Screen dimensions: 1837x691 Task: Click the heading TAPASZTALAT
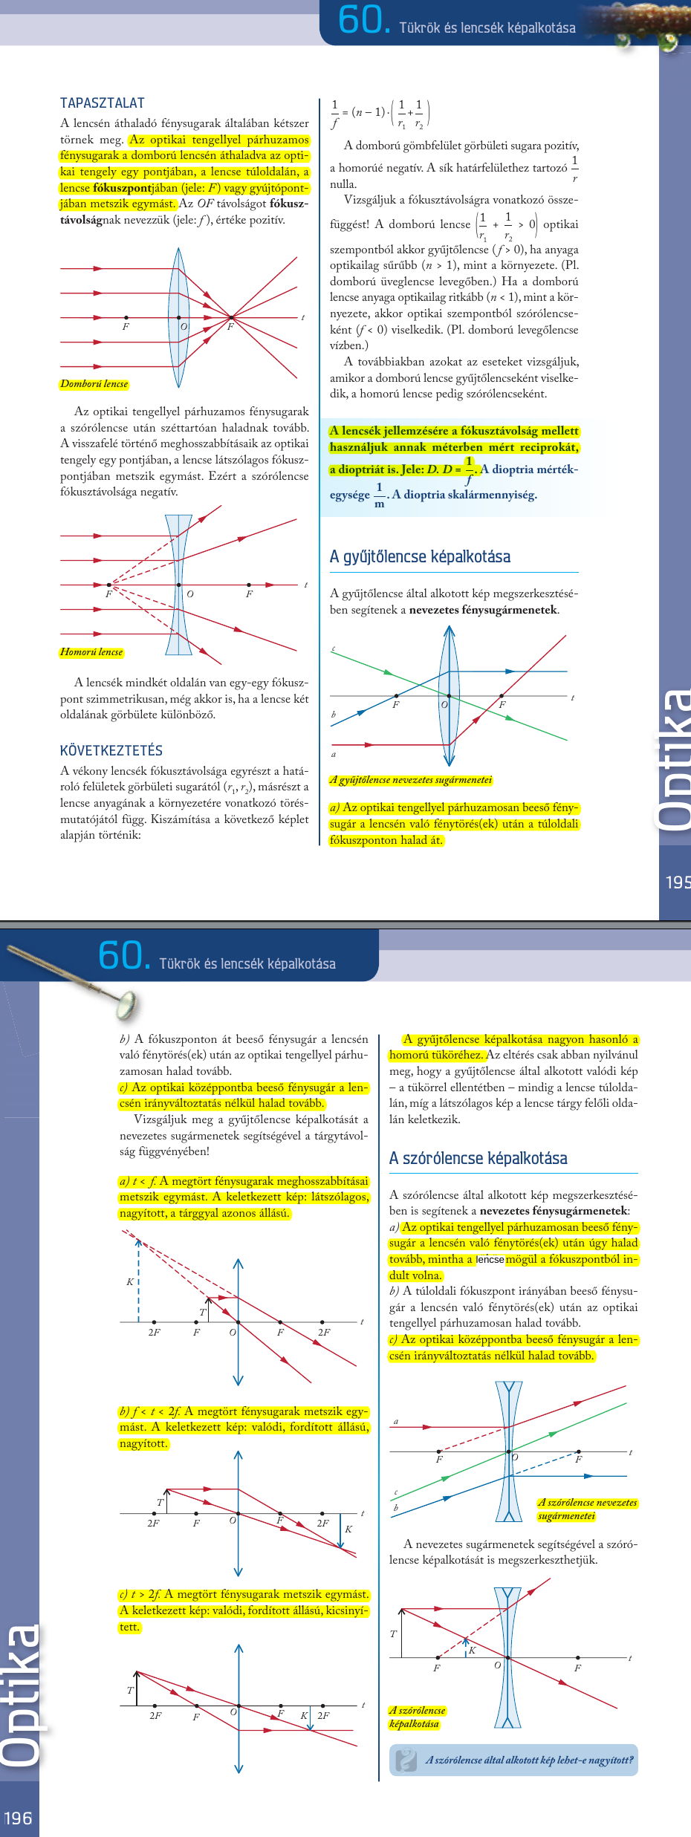click(103, 103)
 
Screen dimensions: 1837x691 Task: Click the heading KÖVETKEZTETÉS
click(111, 750)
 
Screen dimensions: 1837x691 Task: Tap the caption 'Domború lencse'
click(94, 384)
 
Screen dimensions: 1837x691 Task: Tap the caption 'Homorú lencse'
click(91, 652)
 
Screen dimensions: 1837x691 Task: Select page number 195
click(678, 882)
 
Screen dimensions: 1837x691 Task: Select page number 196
click(18, 1818)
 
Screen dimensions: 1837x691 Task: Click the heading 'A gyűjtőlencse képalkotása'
click(420, 556)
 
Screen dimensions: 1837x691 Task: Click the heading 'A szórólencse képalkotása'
click(478, 1158)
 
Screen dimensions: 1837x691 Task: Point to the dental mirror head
click(126, 1004)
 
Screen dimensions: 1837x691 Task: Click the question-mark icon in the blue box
click(406, 1760)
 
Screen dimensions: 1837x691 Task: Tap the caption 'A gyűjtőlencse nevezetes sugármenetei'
click(411, 780)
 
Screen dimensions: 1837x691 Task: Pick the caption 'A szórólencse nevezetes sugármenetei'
click(587, 1509)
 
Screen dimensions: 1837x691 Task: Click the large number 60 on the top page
click(361, 20)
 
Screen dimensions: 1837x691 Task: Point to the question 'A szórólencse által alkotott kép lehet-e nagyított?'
click(529, 1760)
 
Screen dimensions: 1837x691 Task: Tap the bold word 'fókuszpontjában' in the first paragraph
click(123, 188)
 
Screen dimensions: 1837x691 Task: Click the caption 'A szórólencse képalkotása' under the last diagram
click(416, 1717)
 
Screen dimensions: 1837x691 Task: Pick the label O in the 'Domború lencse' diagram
click(184, 327)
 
